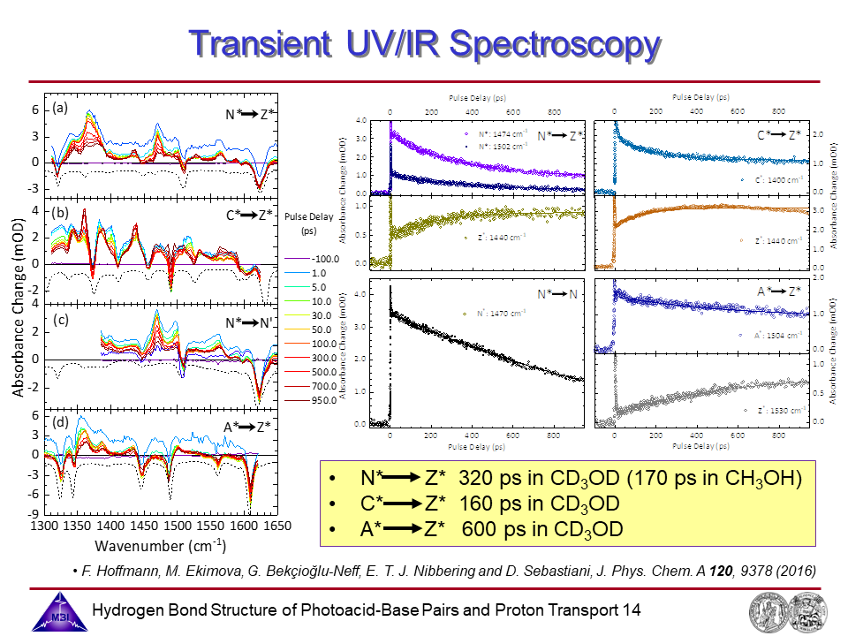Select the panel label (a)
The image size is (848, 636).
pos(60,109)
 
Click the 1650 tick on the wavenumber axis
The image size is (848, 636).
pos(276,525)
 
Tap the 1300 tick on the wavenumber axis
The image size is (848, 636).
pos(43,525)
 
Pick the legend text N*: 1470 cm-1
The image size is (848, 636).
pos(503,313)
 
